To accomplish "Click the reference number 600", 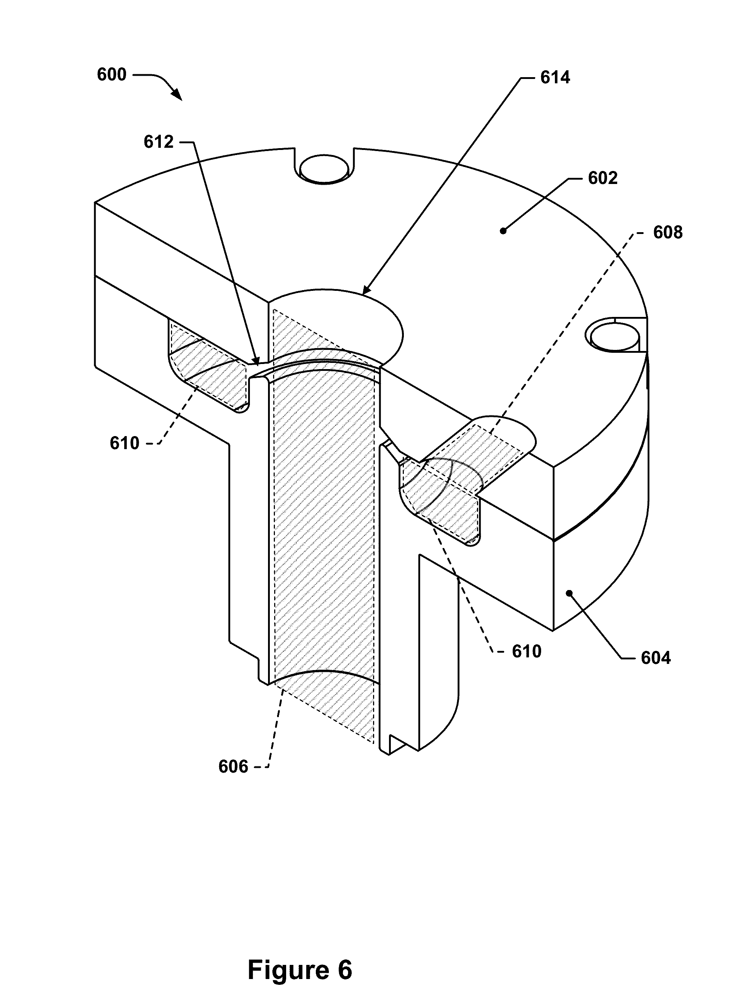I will pyautogui.click(x=112, y=74).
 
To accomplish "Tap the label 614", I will pyautogui.click(x=555, y=78).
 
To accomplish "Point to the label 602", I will pyautogui.click(x=603, y=178).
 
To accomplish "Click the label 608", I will pyautogui.click(x=668, y=233).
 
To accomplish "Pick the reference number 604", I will pyautogui.click(x=656, y=658).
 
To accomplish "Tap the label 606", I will pyautogui.click(x=233, y=767).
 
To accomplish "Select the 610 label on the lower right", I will pyautogui.click(x=527, y=652).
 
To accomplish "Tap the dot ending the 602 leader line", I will pyautogui.click(x=503, y=230).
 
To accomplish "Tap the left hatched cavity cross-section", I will pyautogui.click(x=209, y=369).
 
